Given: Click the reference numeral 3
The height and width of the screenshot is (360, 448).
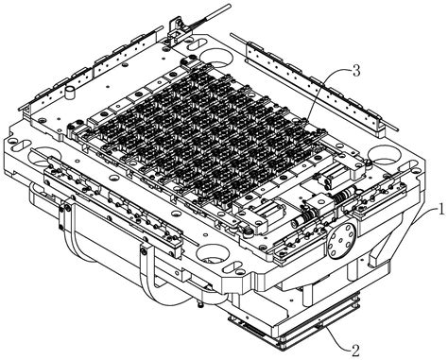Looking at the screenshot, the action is (356, 71).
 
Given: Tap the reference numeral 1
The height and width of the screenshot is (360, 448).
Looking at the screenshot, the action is (441, 209).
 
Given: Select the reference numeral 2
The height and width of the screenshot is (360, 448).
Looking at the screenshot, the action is (355, 351).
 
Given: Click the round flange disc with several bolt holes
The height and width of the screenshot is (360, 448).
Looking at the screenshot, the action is (341, 240).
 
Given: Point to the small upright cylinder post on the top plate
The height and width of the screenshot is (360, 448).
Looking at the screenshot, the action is (70, 93).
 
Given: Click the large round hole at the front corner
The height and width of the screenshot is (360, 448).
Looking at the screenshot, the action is (212, 253).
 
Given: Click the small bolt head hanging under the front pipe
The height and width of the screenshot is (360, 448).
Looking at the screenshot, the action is (200, 304).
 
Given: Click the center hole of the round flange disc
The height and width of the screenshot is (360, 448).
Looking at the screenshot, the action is (341, 241).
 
